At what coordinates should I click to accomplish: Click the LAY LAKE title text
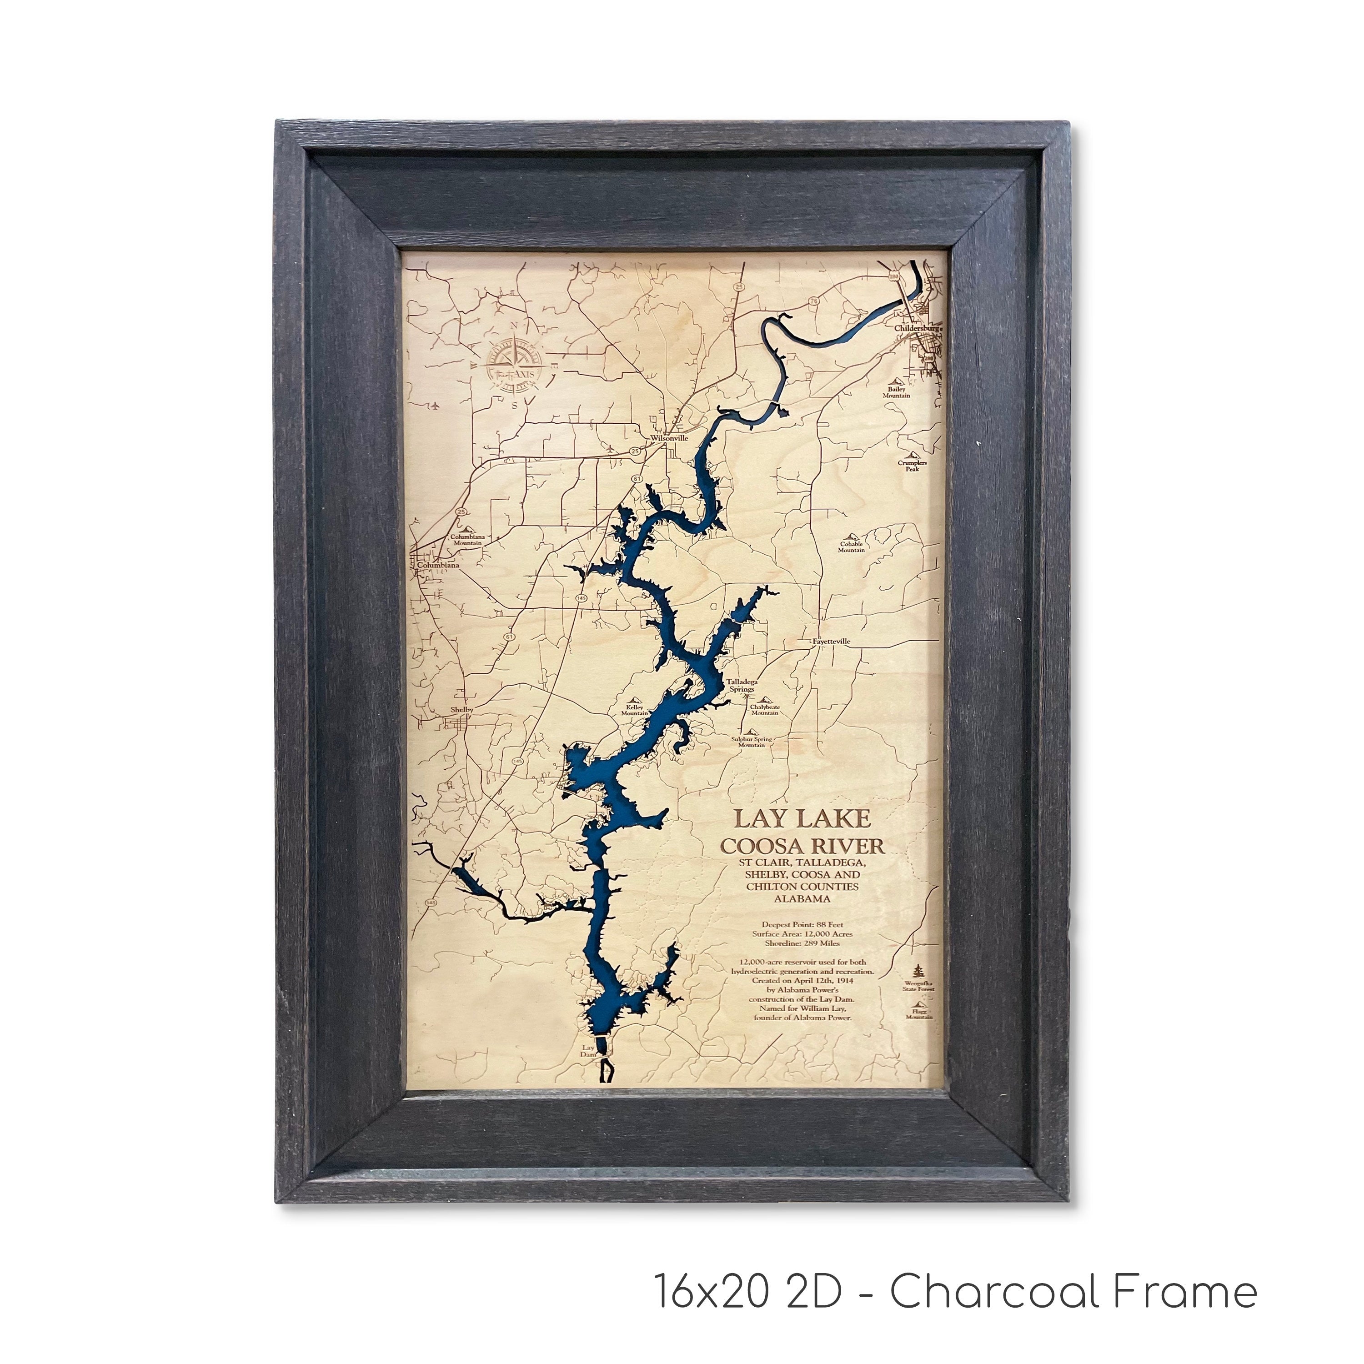click(801, 819)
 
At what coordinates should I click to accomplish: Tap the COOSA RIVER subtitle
click(801, 846)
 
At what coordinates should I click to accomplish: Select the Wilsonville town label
click(669, 438)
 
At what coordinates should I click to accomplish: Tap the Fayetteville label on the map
click(831, 641)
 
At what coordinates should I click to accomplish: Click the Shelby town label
click(462, 710)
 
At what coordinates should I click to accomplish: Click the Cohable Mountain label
click(852, 547)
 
